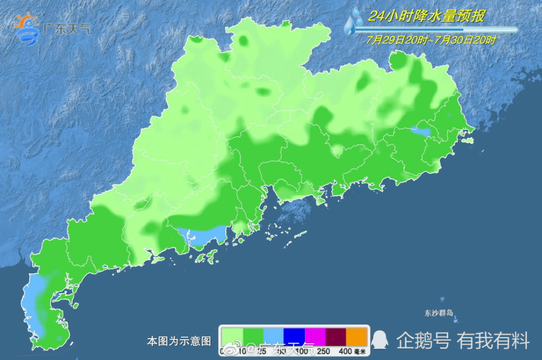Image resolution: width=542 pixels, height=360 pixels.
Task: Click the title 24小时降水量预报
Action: (427, 16)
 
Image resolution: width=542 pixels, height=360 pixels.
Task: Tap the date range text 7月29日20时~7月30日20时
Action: (431, 40)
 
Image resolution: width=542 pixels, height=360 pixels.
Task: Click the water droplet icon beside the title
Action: (355, 21)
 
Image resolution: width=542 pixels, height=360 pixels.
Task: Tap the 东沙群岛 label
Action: (438, 313)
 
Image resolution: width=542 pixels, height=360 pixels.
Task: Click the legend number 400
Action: (345, 351)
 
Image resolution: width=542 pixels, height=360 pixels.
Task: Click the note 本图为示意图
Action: (178, 341)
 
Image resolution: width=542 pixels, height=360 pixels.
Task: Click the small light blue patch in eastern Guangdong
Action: (421, 131)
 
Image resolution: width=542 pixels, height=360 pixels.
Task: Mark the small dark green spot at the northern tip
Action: (243, 40)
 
